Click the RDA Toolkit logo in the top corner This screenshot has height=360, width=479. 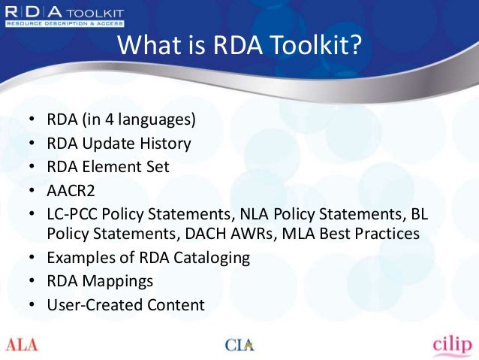(x=63, y=16)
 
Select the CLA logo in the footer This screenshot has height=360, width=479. (x=239, y=345)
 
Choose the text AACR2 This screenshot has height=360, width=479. (x=71, y=190)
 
